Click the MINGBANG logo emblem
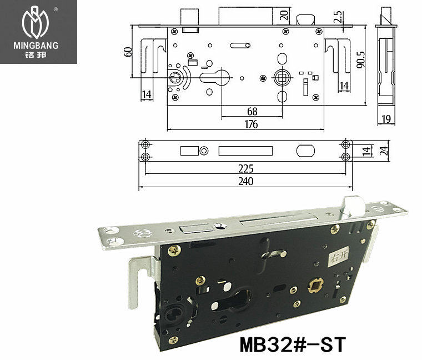click(x=38, y=23)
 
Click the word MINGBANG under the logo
click(x=38, y=46)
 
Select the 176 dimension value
click(x=251, y=124)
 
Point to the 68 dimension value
click(x=252, y=111)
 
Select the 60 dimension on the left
click(x=129, y=52)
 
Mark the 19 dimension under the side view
click(x=386, y=118)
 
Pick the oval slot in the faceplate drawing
click(x=305, y=151)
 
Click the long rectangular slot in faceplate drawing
click(x=247, y=151)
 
